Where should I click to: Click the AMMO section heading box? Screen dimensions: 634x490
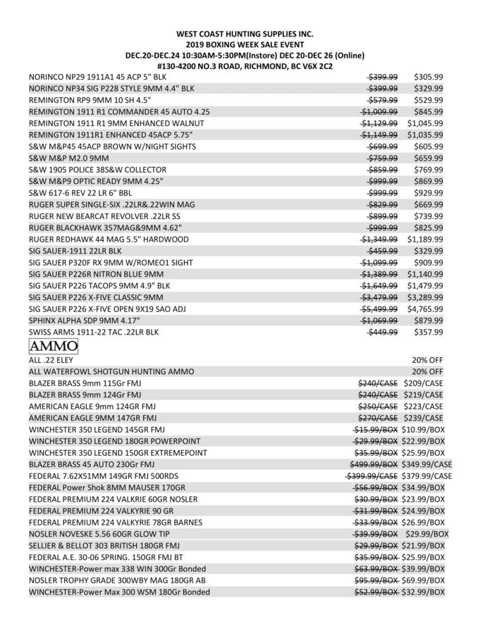coord(53,347)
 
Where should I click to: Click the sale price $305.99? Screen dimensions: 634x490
coord(428,77)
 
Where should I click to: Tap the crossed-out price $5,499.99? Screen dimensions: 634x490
coord(379,309)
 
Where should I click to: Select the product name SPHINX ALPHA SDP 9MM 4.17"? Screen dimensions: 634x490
coord(95,321)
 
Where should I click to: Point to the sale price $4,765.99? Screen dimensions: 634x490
coord(424,309)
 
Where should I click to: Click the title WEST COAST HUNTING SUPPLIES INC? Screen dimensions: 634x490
coord(245,34)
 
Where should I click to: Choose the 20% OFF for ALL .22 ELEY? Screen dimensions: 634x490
coord(427,359)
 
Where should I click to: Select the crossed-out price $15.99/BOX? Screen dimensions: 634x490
coord(375,430)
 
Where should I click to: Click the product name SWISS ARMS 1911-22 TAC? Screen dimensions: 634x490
coord(93,332)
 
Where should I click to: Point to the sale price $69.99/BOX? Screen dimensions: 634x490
coord(424,580)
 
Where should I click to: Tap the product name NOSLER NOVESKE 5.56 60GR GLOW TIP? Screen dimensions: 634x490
coord(105,534)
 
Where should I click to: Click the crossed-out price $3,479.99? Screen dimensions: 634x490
coord(379,297)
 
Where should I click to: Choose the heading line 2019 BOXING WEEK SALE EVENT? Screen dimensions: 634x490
coord(245,44)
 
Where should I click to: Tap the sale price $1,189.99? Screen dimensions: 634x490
coord(424,240)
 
